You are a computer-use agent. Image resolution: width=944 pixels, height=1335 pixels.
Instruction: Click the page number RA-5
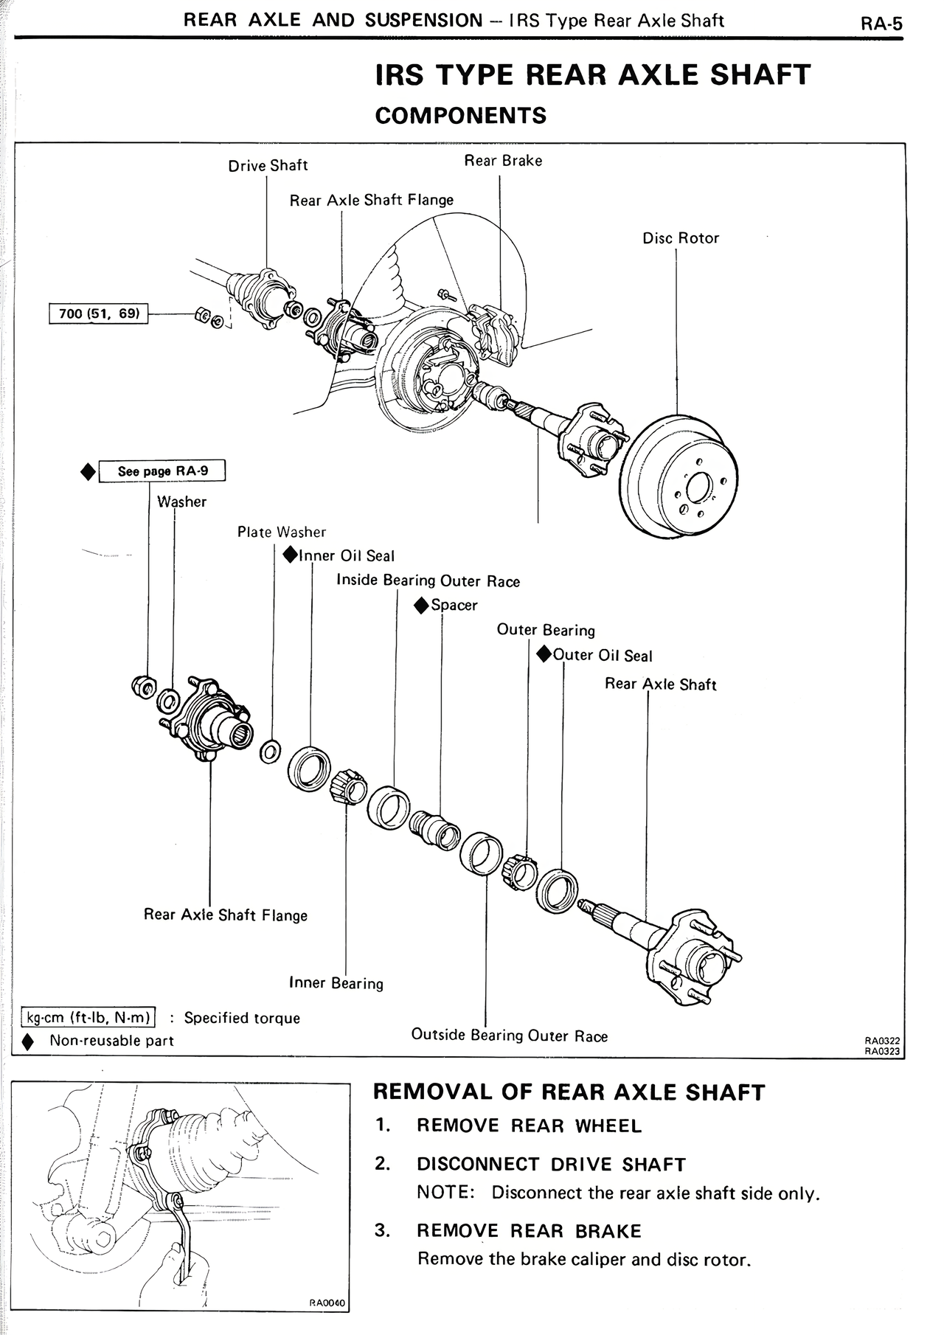tap(881, 24)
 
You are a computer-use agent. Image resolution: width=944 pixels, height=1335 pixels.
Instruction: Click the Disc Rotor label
tap(680, 238)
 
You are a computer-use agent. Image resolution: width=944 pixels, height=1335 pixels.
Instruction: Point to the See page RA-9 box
tap(162, 471)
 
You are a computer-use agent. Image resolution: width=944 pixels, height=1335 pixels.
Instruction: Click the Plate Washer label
tap(281, 532)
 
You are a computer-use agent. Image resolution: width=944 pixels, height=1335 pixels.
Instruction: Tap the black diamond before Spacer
tap(421, 606)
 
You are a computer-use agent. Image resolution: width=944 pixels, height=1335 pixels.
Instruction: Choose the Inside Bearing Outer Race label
tap(428, 580)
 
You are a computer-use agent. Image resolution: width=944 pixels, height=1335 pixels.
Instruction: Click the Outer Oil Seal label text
tap(603, 656)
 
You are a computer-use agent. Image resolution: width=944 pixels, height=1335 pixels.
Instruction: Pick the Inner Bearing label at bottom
tap(336, 982)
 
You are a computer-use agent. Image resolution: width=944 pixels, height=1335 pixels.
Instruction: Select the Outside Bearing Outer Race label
tap(509, 1036)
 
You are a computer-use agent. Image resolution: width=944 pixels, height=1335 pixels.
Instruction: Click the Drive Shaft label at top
tap(268, 165)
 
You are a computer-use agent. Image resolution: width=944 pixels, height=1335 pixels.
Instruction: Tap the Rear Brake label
tap(503, 161)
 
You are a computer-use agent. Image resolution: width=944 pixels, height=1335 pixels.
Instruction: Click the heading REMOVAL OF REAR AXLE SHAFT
tap(569, 1092)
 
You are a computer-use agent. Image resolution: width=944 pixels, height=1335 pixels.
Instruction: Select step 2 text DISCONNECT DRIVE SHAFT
tap(551, 1164)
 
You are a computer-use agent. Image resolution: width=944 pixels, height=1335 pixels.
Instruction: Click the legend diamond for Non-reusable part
tap(28, 1041)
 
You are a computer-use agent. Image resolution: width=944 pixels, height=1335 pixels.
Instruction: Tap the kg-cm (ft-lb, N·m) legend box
tap(88, 1018)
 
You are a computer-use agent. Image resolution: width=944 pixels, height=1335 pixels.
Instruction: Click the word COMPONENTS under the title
tap(461, 116)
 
